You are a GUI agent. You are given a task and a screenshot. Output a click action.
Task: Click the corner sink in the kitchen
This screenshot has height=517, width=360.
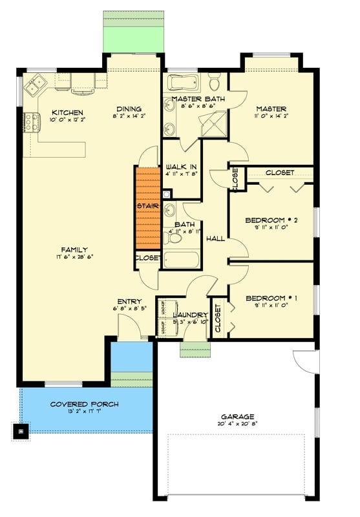click(x=33, y=83)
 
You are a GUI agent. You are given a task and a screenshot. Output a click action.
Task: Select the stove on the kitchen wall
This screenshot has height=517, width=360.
click(x=29, y=121)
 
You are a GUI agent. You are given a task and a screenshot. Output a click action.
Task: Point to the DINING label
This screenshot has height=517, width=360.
click(x=129, y=109)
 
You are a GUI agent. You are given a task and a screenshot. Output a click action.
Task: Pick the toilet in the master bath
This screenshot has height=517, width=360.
click(x=215, y=81)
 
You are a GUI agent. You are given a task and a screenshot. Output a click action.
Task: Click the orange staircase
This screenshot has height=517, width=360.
click(x=147, y=207)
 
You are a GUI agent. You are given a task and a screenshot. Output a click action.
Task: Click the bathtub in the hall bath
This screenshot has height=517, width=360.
click(x=182, y=260)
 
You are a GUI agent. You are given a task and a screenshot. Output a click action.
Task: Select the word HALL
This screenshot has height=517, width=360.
click(x=215, y=238)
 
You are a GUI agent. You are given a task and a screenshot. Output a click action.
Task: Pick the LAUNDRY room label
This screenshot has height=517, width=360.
click(x=190, y=315)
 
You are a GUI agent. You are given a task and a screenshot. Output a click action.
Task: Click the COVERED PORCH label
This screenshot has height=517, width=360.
click(x=84, y=405)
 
